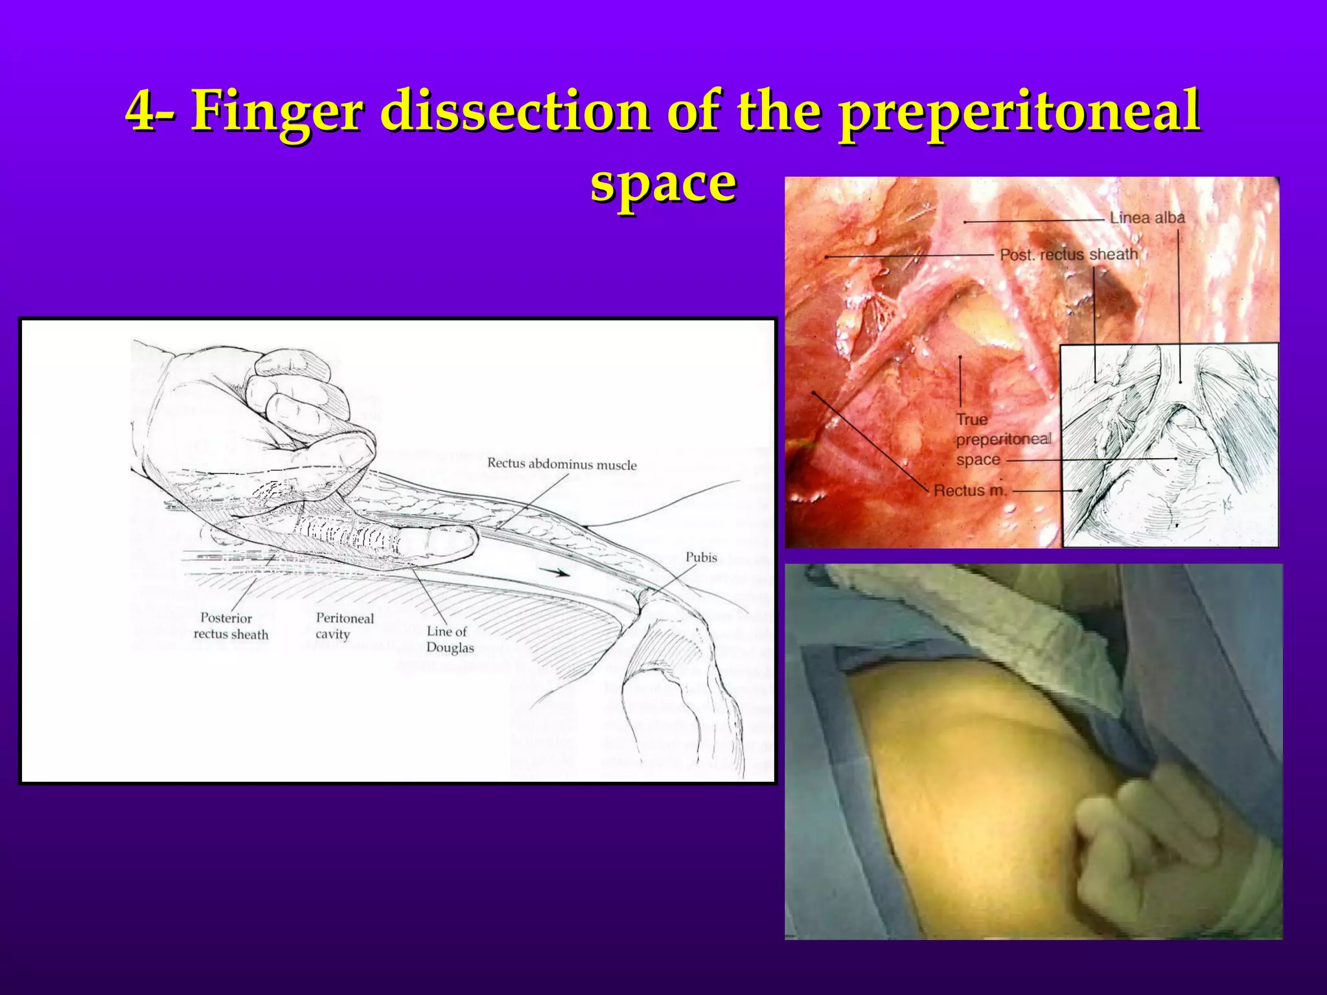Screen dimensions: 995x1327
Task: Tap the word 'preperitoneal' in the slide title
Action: point(1019,111)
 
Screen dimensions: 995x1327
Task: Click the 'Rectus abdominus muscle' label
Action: point(562,464)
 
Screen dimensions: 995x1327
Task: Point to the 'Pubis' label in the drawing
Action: point(701,557)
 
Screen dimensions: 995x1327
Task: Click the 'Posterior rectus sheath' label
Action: point(231,626)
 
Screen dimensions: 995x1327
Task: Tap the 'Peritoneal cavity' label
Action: point(344,626)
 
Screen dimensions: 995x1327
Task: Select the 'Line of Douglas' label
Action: point(450,639)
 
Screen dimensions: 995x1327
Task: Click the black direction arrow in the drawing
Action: point(557,572)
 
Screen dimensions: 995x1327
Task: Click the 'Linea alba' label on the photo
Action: point(1146,218)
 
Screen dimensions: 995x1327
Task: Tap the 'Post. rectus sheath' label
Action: point(1068,255)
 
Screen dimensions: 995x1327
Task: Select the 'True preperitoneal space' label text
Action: point(1002,440)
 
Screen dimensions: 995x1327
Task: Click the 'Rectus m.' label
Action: point(970,491)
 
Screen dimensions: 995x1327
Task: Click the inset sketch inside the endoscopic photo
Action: point(1170,447)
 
